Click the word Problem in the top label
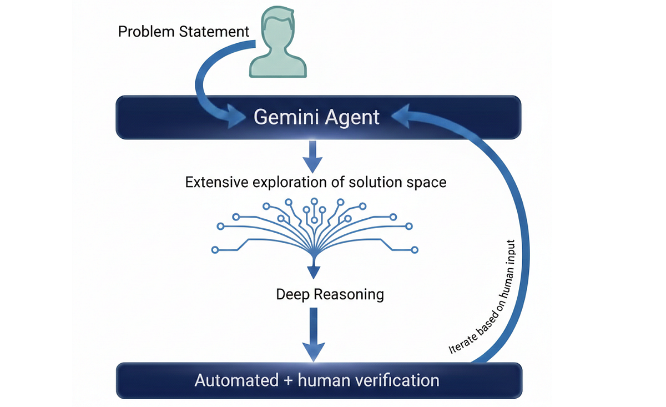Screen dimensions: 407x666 147,32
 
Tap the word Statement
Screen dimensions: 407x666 215,32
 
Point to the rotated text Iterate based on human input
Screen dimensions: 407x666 483,297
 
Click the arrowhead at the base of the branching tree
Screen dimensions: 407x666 314,271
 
